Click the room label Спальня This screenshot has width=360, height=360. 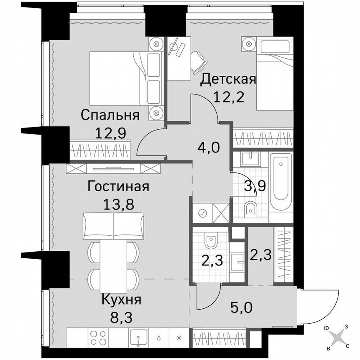pyautogui.click(x=110, y=115)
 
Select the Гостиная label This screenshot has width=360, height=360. pyautogui.click(x=118, y=186)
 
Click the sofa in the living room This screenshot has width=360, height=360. pyautogui.click(x=113, y=225)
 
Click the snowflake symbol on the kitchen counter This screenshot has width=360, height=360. pyautogui.click(x=180, y=337)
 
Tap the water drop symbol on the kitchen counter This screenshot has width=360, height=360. pyautogui.click(x=160, y=337)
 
